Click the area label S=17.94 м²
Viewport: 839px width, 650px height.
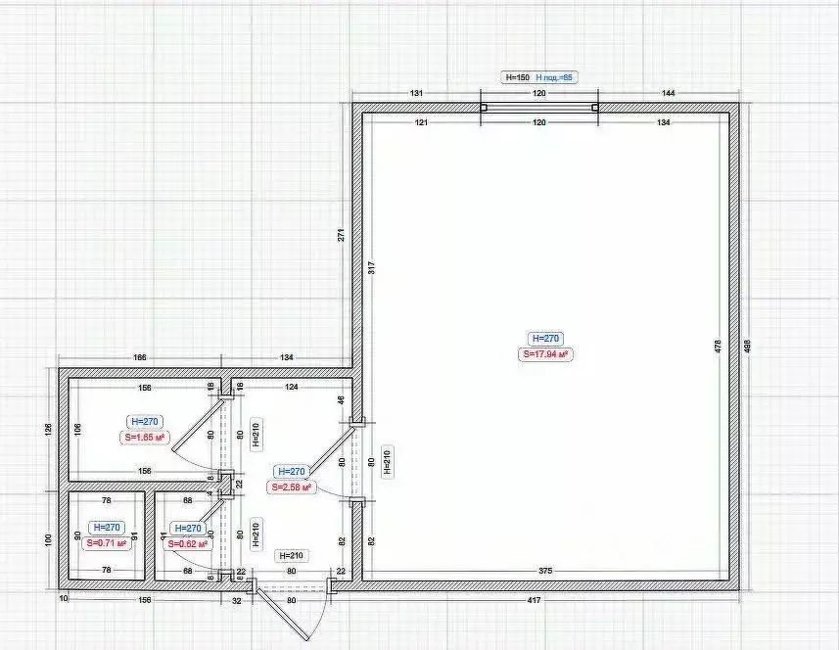click(x=545, y=354)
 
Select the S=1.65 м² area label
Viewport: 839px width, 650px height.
click(x=144, y=438)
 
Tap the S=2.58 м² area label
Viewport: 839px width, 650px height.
click(x=293, y=487)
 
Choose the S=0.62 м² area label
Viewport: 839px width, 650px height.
click(x=187, y=543)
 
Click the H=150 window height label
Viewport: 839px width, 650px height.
click(x=516, y=76)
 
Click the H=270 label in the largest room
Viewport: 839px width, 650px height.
click(x=544, y=338)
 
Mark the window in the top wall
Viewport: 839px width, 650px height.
click(x=538, y=108)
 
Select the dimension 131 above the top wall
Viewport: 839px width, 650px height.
click(x=416, y=93)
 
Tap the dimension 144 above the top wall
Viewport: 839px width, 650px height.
click(x=669, y=93)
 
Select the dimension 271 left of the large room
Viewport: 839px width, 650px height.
click(x=342, y=236)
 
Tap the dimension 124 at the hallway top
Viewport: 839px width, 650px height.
click(x=291, y=386)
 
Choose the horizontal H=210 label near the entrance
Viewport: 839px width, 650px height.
click(x=292, y=555)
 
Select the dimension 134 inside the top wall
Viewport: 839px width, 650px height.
click(x=664, y=123)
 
